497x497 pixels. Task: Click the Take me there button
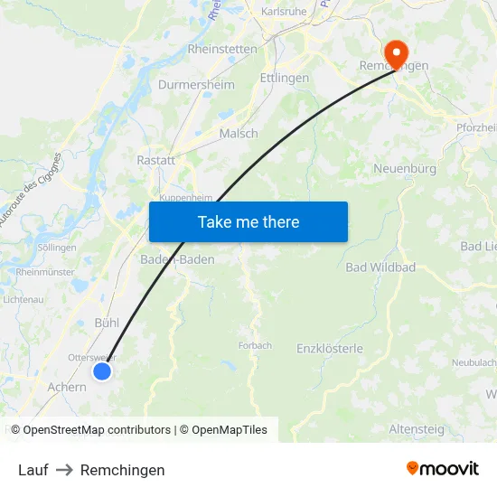coord(248,221)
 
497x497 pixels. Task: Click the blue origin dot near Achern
coord(102,370)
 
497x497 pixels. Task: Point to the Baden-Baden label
coord(178,259)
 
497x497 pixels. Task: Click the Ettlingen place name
coord(284,79)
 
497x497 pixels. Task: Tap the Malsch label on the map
coord(239,133)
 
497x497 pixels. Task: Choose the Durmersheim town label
coord(196,85)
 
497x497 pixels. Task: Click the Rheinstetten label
coord(222,49)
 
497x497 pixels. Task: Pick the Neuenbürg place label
coord(405,169)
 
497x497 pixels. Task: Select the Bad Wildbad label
coord(380,267)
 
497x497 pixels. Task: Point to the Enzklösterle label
coord(330,348)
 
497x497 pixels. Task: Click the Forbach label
coord(255,345)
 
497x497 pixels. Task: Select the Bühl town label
coord(107,323)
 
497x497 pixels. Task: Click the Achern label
coord(67,388)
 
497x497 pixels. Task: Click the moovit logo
coord(443,469)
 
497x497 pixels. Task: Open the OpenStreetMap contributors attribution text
coord(97,430)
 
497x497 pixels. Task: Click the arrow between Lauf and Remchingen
coord(64,470)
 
